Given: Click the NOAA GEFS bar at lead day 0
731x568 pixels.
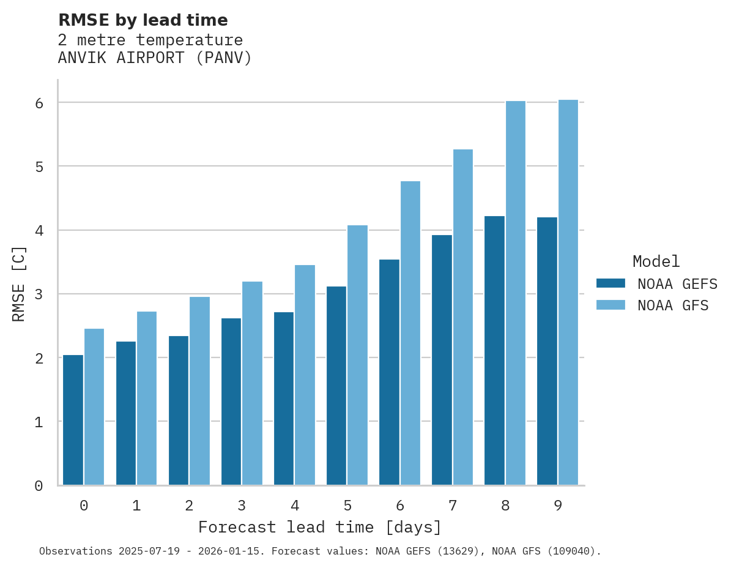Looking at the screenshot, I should point(73,420).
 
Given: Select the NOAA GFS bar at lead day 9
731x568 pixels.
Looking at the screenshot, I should point(568,293).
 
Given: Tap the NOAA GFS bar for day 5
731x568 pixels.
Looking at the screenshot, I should point(357,355).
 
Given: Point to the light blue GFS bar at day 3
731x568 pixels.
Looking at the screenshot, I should point(252,383).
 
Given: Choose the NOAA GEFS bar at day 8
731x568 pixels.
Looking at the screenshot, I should point(494,350).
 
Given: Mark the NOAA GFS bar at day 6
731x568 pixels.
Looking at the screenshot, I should point(410,333).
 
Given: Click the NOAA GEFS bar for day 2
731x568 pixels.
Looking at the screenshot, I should point(179,410).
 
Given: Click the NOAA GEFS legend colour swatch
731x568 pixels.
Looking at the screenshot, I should point(610,283).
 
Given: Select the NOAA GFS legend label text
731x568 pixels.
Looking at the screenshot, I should point(673,305).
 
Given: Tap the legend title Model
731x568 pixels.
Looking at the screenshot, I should point(656,262).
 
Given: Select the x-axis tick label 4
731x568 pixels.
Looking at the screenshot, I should point(294,506).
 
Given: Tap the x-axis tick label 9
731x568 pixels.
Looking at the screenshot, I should point(558,506).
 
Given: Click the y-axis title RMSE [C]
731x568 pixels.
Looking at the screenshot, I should point(20,283).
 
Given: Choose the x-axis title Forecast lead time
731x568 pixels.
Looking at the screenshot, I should point(319,528).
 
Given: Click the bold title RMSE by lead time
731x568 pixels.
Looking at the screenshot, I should point(143,20).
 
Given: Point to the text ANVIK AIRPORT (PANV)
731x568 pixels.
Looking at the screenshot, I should point(155,58).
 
